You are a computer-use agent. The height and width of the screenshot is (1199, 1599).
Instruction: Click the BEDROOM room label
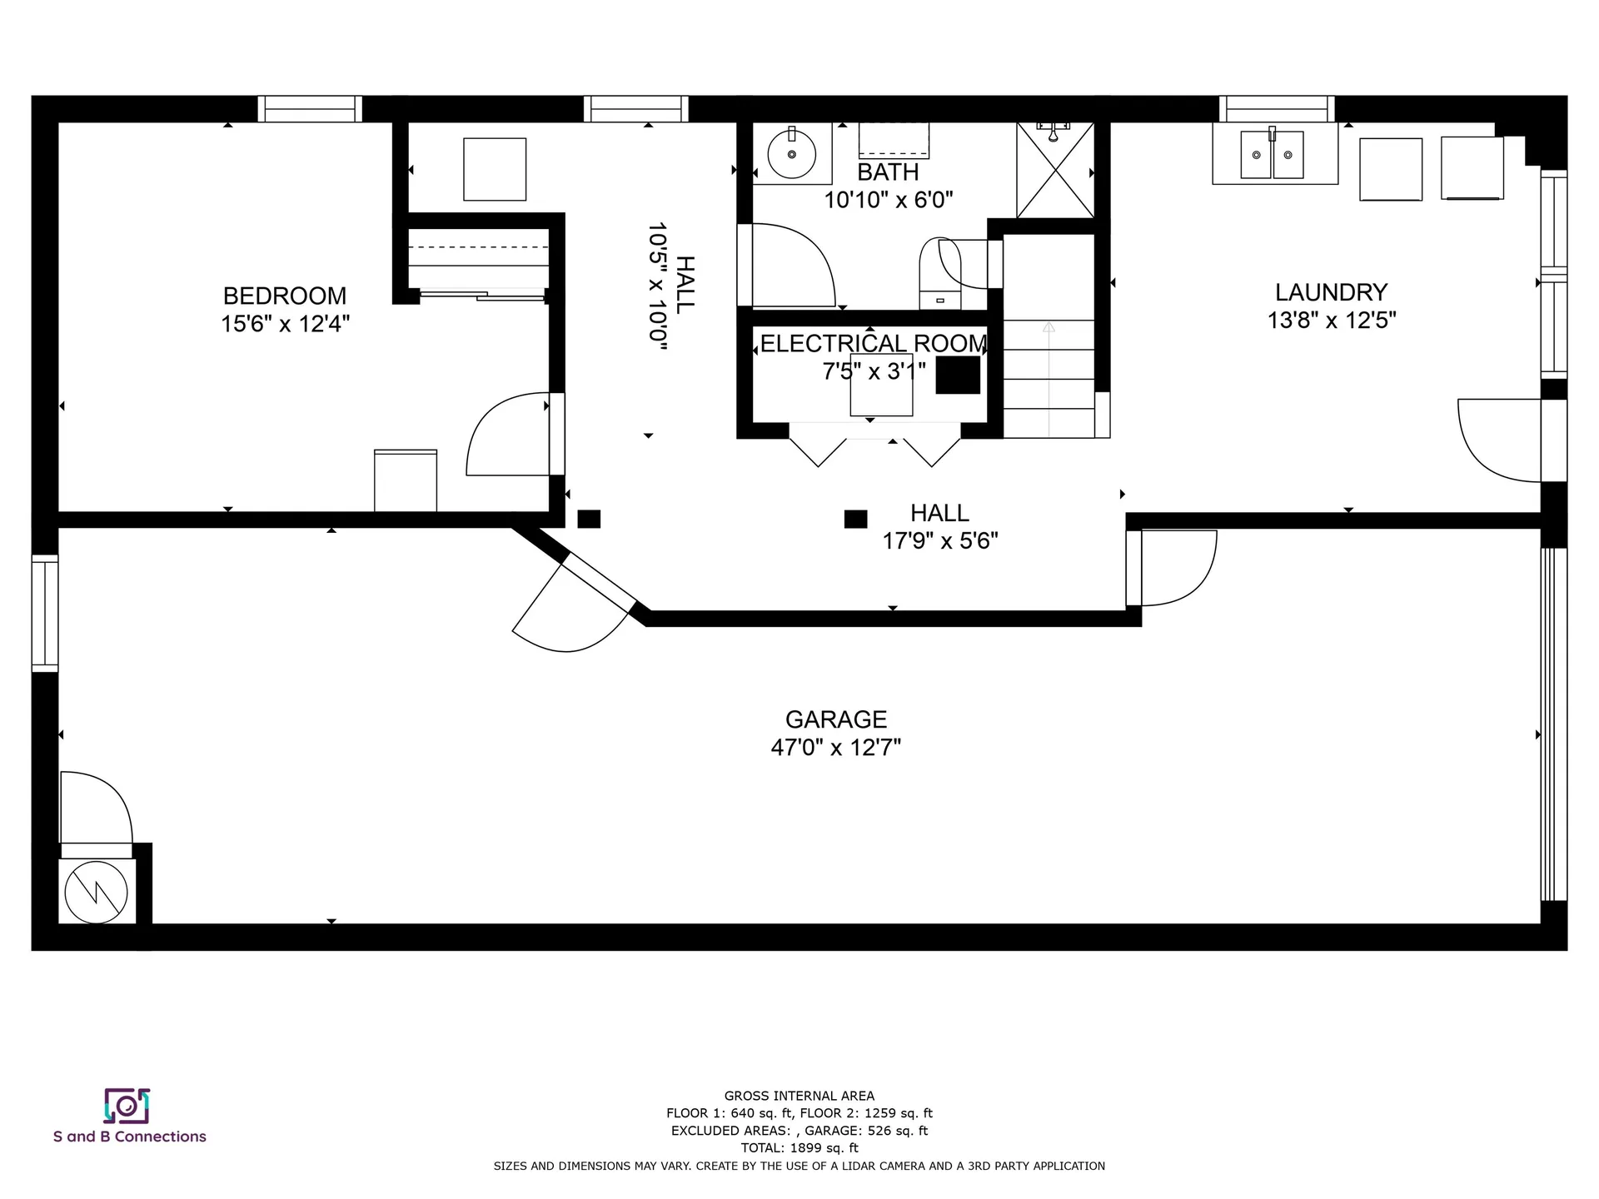point(285,296)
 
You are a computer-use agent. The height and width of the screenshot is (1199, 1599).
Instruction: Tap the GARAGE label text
point(836,719)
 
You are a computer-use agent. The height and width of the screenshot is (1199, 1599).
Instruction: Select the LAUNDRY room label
point(1331,292)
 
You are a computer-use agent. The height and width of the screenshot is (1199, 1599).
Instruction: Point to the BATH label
point(888,172)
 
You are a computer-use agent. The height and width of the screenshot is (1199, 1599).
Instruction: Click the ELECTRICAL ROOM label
point(873,343)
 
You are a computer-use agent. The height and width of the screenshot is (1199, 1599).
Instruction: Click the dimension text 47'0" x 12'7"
point(836,748)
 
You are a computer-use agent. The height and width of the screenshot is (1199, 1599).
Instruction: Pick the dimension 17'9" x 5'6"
point(940,541)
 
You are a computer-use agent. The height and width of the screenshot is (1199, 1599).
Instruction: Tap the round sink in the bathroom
point(791,153)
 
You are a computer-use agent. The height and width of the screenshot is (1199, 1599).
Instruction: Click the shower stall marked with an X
point(1055,171)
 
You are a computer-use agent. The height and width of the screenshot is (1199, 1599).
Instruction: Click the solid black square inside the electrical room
point(958,375)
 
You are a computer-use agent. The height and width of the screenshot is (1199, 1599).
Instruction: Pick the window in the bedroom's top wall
point(310,109)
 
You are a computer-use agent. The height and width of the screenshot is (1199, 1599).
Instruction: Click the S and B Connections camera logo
point(127,1106)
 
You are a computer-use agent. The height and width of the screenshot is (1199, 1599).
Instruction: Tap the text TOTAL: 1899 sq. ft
point(799,1148)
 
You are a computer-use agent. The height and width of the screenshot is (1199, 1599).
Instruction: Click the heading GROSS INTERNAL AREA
point(799,1096)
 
